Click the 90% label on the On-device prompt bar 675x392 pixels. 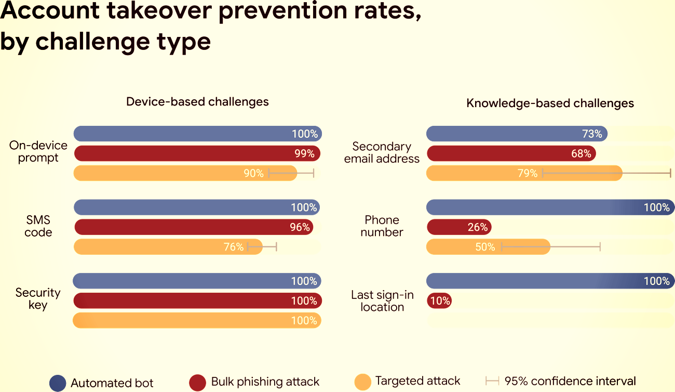point(254,173)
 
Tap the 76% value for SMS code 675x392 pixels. point(234,247)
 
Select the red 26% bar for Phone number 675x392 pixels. point(458,227)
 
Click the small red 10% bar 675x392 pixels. point(439,300)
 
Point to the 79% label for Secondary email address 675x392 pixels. point(528,173)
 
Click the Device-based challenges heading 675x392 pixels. point(197,101)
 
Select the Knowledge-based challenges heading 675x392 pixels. point(550,103)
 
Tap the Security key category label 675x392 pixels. point(38,299)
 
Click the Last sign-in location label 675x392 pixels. point(382,301)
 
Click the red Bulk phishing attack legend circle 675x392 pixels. point(198,382)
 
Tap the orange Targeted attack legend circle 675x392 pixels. point(363,382)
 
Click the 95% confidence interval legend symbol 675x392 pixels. point(492,382)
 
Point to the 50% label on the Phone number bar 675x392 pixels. point(485,247)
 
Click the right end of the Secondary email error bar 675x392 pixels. point(671,173)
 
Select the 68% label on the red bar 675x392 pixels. point(581,153)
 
